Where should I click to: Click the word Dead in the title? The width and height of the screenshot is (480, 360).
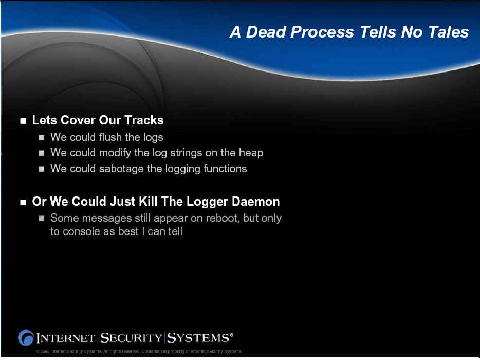[x=266, y=32]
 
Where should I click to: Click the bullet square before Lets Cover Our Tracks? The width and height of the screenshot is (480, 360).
[x=23, y=121]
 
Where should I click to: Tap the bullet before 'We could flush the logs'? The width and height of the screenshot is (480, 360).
[x=42, y=137]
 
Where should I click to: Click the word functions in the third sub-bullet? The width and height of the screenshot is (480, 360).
[x=225, y=169]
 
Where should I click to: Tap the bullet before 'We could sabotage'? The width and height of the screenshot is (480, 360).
[x=42, y=169]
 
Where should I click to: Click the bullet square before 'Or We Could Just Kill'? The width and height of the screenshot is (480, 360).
[x=23, y=202]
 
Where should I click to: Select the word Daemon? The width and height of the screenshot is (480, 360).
[x=255, y=201]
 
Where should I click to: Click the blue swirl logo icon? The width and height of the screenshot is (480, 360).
[x=26, y=338]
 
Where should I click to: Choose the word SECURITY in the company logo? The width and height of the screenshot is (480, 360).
[x=131, y=338]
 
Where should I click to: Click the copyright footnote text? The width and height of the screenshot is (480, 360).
[x=139, y=351]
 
